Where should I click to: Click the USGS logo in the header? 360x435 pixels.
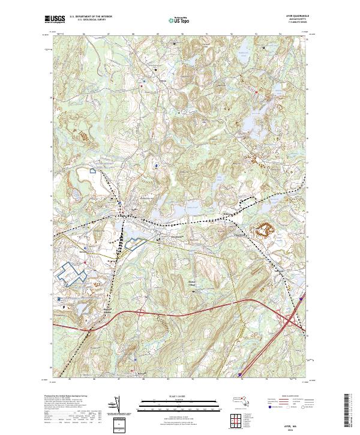pyautogui.click(x=55, y=19)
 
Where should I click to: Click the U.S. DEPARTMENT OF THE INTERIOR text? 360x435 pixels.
pyautogui.click(x=91, y=17)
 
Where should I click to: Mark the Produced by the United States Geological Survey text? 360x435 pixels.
pyautogui.click(x=69, y=397)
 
